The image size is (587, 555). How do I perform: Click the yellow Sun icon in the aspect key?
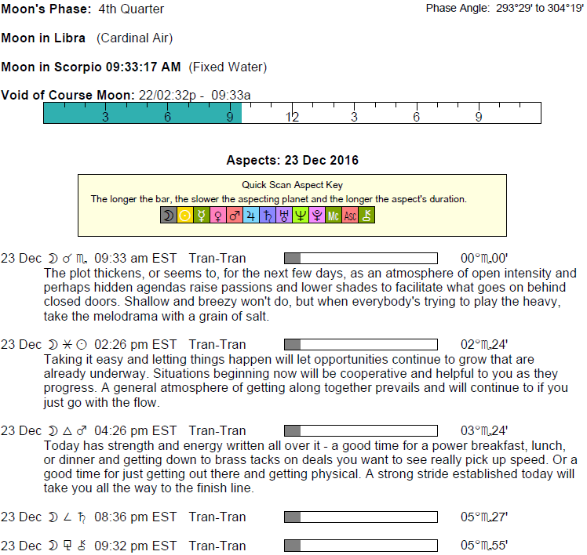(x=184, y=216)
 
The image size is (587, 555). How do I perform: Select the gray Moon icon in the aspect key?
(x=168, y=216)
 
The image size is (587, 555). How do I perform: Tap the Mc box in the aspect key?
(x=333, y=216)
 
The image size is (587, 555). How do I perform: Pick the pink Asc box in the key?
(x=349, y=216)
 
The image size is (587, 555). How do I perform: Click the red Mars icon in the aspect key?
(x=234, y=216)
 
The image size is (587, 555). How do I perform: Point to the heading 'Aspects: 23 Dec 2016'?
(x=292, y=161)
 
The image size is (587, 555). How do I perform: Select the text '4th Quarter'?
(x=132, y=9)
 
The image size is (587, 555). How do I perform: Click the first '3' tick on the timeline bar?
(x=105, y=117)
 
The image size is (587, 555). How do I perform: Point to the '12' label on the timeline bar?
(x=292, y=117)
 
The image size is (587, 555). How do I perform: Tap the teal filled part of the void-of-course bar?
(x=141, y=114)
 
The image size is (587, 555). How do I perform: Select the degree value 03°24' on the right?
(x=484, y=430)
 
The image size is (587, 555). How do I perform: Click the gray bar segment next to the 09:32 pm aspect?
(x=292, y=546)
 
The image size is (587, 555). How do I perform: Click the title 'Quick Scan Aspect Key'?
(x=293, y=186)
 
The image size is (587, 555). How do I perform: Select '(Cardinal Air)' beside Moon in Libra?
(x=134, y=38)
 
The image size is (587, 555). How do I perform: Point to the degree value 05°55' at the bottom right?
(x=484, y=546)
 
